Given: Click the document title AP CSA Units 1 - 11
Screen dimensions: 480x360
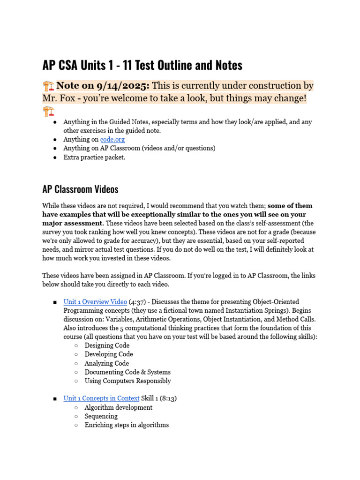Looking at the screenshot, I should (142, 65).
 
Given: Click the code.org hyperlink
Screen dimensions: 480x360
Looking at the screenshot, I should (112, 139).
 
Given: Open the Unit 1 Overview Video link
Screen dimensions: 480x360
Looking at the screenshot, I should (95, 302).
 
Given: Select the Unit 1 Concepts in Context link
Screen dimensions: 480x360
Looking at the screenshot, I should (101, 398).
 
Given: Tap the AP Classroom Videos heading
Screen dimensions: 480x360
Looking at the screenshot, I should (80, 189).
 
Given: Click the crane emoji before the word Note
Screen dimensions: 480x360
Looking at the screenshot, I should (48, 86).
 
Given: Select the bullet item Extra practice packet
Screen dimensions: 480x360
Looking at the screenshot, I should (94, 157).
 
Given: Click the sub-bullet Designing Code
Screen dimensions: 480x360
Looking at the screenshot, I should (107, 345).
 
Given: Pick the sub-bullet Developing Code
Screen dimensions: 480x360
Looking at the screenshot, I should (109, 354).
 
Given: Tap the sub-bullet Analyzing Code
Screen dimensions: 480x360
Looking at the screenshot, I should (106, 363).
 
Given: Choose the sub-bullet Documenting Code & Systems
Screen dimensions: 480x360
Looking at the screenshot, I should (127, 372).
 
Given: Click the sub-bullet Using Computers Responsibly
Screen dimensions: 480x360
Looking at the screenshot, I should (127, 381).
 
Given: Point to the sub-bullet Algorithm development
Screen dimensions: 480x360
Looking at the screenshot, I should (118, 407).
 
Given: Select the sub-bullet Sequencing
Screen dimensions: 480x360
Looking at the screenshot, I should (101, 416).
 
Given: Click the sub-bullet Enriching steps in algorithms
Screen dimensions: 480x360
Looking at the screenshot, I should (127, 425).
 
